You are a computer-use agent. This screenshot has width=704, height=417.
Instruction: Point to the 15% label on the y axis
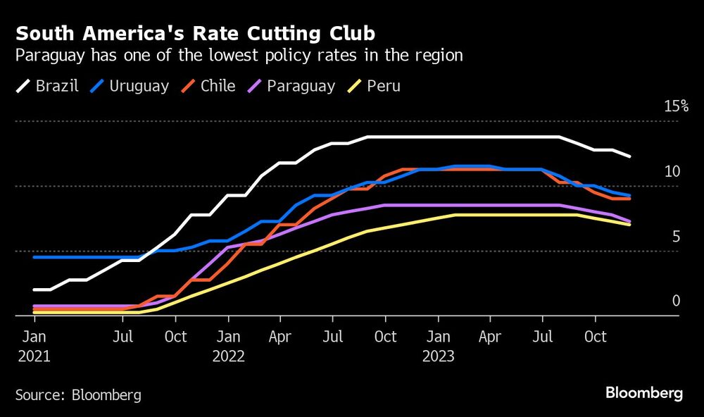[676, 106]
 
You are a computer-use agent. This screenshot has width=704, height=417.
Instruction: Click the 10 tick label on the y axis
[672, 171]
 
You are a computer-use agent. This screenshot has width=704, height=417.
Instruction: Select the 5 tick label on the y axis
[676, 236]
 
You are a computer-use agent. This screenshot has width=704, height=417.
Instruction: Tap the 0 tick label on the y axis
[676, 301]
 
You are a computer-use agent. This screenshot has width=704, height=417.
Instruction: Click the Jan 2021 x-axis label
[34, 346]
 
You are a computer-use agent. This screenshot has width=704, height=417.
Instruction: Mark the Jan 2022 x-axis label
[227, 346]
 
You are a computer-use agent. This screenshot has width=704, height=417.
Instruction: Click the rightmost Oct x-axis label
[596, 337]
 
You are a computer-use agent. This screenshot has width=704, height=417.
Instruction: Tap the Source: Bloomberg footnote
[78, 395]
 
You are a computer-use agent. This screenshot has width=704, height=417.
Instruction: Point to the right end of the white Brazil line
[629, 156]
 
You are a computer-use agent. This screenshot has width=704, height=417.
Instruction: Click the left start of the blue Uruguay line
[34, 257]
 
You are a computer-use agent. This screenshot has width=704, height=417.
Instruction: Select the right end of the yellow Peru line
[629, 225]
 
